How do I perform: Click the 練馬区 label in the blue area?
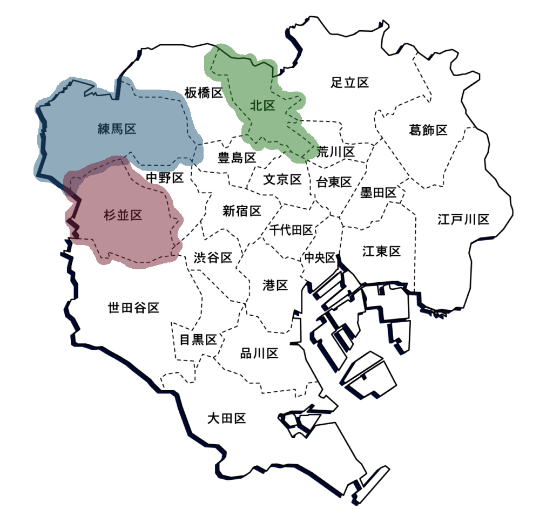tap(117, 130)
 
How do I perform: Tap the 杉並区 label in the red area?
tap(123, 215)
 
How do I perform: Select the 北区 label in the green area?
tap(262, 106)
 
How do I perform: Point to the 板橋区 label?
tap(204, 93)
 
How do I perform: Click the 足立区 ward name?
tap(349, 83)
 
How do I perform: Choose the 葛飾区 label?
tap(428, 130)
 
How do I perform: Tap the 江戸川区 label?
tap(463, 220)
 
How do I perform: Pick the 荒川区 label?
tap(336, 152)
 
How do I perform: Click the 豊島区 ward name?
tap(237, 158)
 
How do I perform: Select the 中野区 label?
tap(165, 177)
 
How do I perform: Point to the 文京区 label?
tap(282, 180)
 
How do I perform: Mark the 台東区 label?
tap(334, 182)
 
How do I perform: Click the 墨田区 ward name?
tap(378, 193)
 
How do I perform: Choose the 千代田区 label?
tap(292, 231)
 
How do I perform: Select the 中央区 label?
tap(320, 258)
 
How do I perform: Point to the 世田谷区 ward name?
tap(133, 308)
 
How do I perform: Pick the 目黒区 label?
tap(198, 340)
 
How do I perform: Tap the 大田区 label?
tap(227, 418)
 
